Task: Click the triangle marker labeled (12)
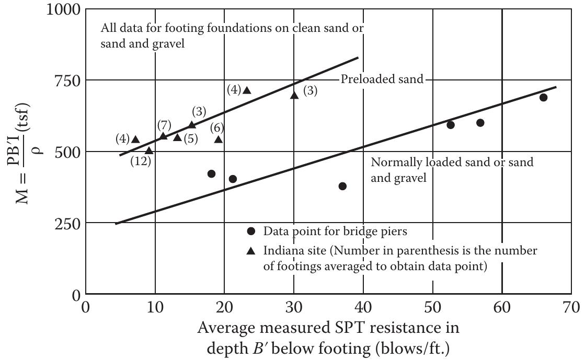coord(149,151)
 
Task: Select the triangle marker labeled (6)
coord(219,140)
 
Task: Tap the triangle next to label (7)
coord(163,136)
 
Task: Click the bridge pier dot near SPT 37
coord(342,187)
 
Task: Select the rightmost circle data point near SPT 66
coord(543,98)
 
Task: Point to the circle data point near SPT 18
coord(211,174)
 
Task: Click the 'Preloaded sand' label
coord(381,80)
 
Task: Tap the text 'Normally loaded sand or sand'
coord(452,162)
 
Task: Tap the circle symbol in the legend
coord(251,231)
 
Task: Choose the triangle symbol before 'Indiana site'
coord(251,251)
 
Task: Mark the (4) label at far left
coord(122,140)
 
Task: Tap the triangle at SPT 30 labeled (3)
coord(294,96)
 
